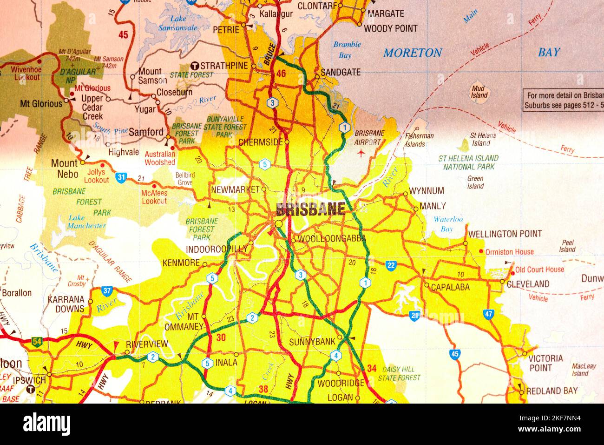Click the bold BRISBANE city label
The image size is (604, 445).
(x=310, y=209)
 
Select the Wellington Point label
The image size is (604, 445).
(x=505, y=234)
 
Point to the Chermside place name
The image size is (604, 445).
(x=260, y=142)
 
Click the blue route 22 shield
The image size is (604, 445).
(x=391, y=265)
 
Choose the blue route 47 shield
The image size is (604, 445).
(x=488, y=314)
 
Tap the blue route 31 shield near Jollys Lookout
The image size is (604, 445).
(x=122, y=177)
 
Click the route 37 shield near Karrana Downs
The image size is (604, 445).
(x=107, y=291)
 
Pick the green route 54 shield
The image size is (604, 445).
(x=37, y=342)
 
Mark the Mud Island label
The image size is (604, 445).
(x=479, y=92)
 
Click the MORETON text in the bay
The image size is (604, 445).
(x=412, y=53)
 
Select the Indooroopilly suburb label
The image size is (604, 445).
(x=216, y=249)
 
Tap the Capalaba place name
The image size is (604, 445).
(x=450, y=287)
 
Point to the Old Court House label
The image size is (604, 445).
(x=539, y=270)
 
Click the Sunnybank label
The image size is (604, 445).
(x=312, y=342)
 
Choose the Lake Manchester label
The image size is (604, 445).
(x=87, y=222)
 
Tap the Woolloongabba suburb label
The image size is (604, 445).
(x=331, y=239)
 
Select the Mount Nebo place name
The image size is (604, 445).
(x=64, y=168)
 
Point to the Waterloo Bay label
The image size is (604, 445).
(x=448, y=224)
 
